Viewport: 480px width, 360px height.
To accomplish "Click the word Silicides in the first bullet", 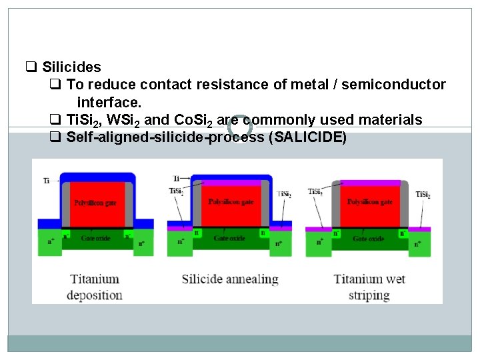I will [x=71, y=67].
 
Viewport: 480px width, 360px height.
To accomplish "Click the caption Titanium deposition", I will [x=95, y=287].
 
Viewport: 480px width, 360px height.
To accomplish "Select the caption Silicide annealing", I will [x=230, y=279].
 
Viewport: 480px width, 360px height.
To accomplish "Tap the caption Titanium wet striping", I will [x=370, y=287].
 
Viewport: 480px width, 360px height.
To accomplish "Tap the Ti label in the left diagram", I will [x=46, y=181].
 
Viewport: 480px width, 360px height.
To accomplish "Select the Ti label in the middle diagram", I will [x=176, y=178].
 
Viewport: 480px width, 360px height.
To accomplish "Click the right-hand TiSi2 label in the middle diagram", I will [x=285, y=195].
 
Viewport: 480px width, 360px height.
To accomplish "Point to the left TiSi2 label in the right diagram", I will [x=315, y=193].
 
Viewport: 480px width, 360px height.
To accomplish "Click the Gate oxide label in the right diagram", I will [x=369, y=238].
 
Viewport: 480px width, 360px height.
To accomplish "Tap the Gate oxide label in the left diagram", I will [x=93, y=238].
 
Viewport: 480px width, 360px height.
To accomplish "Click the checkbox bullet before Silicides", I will [x=31, y=67].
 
